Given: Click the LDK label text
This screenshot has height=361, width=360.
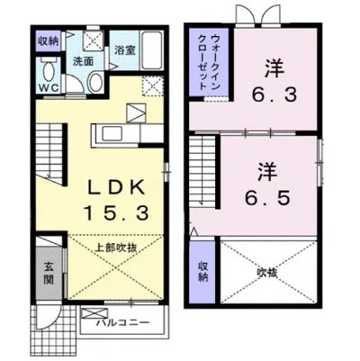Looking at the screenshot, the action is coord(116,188).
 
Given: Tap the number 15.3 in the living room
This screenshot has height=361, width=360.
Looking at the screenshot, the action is coord(116,213).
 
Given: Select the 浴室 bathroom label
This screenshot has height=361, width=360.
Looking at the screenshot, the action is coord(125,50).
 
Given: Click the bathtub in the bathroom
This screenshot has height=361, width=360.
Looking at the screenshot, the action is coord(151,50).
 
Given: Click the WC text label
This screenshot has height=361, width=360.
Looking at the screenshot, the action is coord(49,87).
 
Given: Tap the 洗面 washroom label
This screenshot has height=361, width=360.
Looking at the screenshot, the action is coord(84,61).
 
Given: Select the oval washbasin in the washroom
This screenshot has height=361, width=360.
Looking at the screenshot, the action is coord(95,81).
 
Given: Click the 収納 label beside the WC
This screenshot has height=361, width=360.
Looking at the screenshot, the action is coord(49,41).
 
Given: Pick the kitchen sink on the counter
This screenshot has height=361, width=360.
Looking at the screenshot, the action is coord(111,133).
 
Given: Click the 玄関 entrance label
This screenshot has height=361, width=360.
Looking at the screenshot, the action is coord(49,274).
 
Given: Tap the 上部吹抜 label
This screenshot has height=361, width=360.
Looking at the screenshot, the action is coord(116,248).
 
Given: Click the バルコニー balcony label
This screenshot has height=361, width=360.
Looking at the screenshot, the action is coord(123,323).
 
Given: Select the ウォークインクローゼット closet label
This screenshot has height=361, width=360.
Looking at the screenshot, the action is coord(209,62).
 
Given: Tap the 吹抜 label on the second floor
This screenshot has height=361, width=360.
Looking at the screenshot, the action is coord(267,273).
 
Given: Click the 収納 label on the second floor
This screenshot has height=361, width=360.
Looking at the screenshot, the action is coord(203,272).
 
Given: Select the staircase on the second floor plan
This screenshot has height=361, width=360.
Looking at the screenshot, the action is coord(203,172).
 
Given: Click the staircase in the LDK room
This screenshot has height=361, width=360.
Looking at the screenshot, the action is coord(50,155).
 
